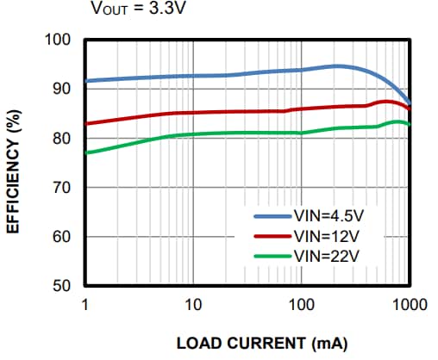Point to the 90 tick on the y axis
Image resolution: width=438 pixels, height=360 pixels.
pyautogui.click(x=62, y=90)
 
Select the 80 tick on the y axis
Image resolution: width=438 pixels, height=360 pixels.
pyautogui.click(x=62, y=139)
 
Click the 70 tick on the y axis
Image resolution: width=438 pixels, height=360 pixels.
pyautogui.click(x=62, y=188)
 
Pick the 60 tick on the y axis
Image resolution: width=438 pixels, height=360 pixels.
pyautogui.click(x=62, y=237)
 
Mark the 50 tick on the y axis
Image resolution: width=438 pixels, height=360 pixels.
pyautogui.click(x=62, y=286)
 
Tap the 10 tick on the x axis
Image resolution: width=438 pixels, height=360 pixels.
pyautogui.click(x=192, y=304)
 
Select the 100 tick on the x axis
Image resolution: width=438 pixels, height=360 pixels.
pyautogui.click(x=301, y=304)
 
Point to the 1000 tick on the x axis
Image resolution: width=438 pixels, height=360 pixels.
pyautogui.click(x=409, y=304)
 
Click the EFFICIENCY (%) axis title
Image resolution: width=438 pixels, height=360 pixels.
pyautogui.click(x=14, y=164)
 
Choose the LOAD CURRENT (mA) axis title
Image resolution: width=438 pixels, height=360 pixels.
pyautogui.click(x=261, y=344)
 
